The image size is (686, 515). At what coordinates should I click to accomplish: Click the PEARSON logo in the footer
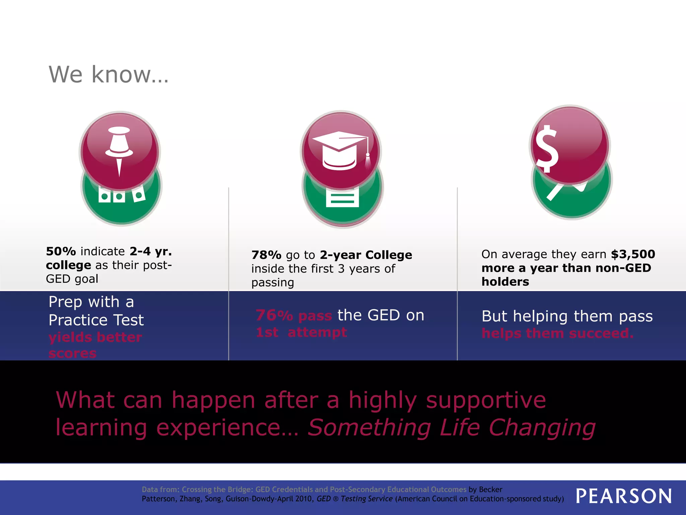pyautogui.click(x=624, y=496)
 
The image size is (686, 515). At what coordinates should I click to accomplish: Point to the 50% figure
pyautogui.click(x=61, y=251)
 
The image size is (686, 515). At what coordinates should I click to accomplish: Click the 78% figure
pyautogui.click(x=266, y=255)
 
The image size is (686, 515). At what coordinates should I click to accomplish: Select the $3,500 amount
pyautogui.click(x=633, y=254)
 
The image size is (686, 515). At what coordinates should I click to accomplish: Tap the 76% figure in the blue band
pyautogui.click(x=274, y=316)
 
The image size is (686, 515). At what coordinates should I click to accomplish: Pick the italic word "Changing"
pyautogui.click(x=542, y=427)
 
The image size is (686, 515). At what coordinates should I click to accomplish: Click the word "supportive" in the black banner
pyautogui.click(x=486, y=400)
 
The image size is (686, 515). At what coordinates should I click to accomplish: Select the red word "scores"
pyautogui.click(x=72, y=353)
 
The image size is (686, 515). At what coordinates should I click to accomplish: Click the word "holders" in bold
pyautogui.click(x=505, y=282)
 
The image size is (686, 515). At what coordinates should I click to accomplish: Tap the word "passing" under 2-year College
pyautogui.click(x=273, y=283)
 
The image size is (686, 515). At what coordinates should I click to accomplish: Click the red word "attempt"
pyautogui.click(x=317, y=332)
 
